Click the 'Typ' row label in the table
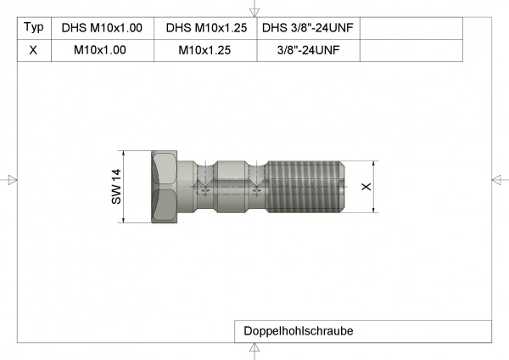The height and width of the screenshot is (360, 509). [x=32, y=28]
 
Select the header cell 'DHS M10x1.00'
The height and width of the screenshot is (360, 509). [x=101, y=28]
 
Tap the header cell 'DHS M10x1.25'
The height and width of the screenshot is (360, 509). [x=206, y=28]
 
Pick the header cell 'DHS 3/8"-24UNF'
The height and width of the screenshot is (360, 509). [x=308, y=28]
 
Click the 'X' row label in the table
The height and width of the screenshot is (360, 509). [x=32, y=50]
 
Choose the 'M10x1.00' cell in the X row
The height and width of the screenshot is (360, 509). [x=101, y=50]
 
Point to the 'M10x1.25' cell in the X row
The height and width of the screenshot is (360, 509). [x=206, y=50]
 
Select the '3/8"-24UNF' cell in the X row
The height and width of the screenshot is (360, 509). [x=308, y=50]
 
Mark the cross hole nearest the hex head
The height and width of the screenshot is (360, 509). [x=204, y=188]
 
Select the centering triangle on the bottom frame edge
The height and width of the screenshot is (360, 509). [x=255, y=350]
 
